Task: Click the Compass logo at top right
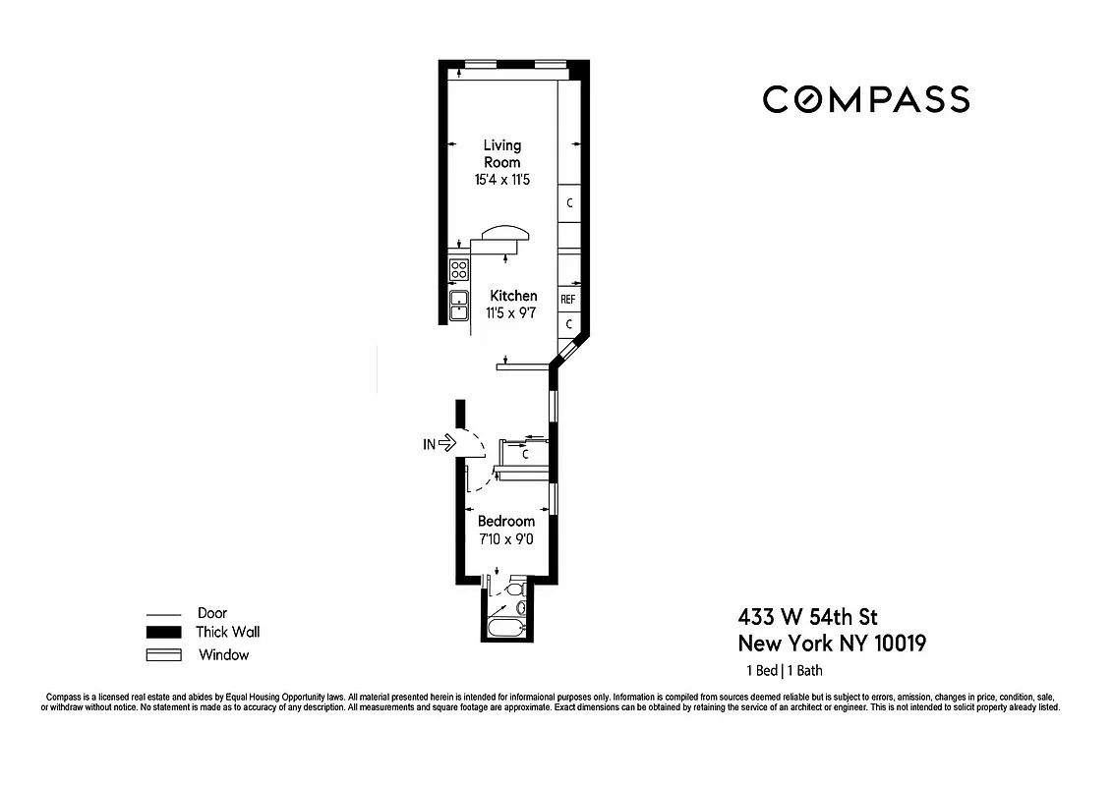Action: pos(866,99)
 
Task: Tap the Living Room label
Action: pos(502,153)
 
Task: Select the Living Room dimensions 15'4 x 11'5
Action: pos(502,180)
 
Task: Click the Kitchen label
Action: pos(513,296)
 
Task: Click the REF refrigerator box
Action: pos(568,299)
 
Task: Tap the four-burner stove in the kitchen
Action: pos(459,268)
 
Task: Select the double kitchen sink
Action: pos(459,306)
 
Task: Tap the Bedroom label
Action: pos(506,521)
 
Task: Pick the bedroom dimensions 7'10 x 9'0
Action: pos(506,539)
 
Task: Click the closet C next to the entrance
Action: pos(525,455)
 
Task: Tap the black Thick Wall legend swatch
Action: pos(163,633)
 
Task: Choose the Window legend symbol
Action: pos(163,655)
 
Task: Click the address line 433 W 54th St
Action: pos(807,617)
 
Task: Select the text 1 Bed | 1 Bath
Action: pos(784,671)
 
